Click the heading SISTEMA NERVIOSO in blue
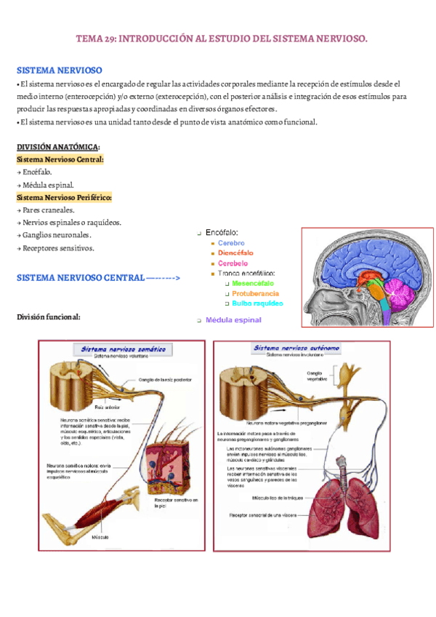pyautogui.click(x=59, y=71)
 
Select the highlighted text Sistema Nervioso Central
pyautogui.click(x=60, y=159)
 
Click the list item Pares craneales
pyautogui.click(x=45, y=210)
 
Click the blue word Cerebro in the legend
pyautogui.click(x=232, y=242)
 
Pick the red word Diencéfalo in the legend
pyautogui.click(x=235, y=252)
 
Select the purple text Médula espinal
pyautogui.click(x=233, y=319)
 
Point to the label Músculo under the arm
pyautogui.click(x=100, y=537)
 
